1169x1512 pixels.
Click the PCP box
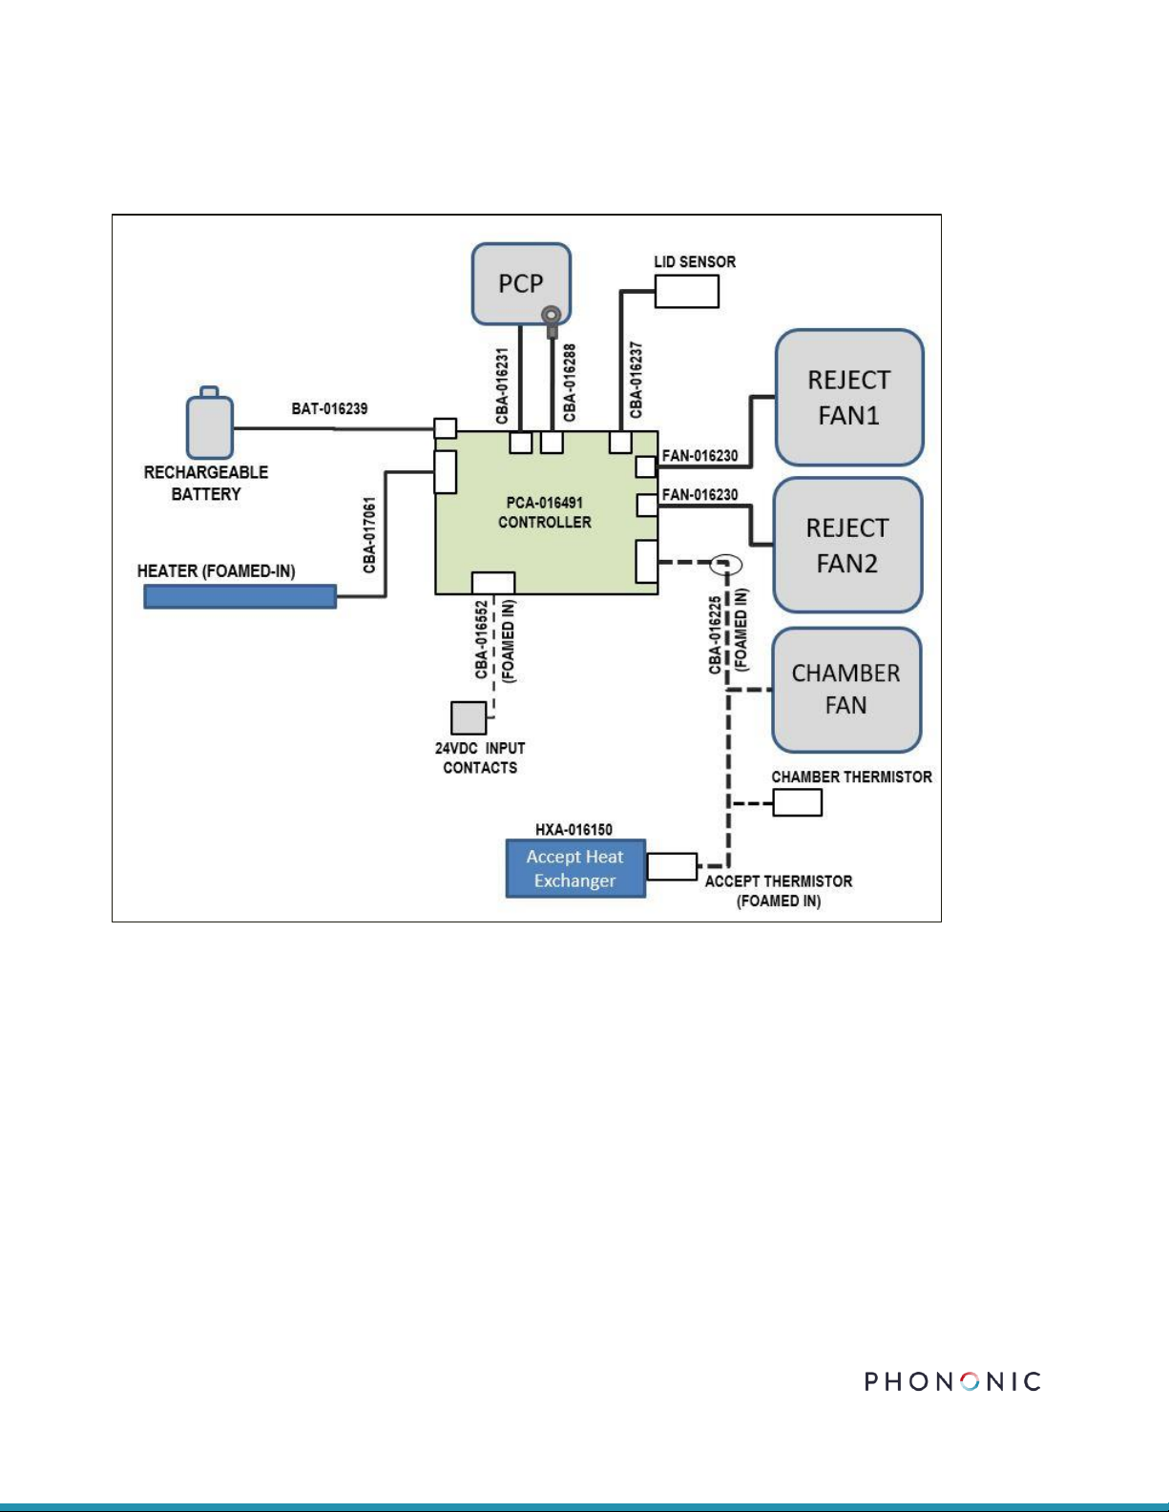tap(520, 283)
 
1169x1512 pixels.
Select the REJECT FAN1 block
tap(849, 397)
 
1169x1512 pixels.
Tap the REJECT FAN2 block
tap(847, 545)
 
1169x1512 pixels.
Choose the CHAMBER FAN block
tap(846, 690)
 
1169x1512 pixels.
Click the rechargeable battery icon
tap(209, 423)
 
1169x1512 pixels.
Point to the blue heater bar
tap(240, 596)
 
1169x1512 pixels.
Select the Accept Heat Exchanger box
tap(575, 868)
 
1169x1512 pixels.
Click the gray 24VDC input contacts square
tap(469, 717)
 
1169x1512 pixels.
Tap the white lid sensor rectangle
tap(687, 291)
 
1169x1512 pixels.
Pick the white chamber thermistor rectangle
tap(798, 802)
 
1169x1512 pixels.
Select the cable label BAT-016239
tap(329, 408)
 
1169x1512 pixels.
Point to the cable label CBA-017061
tap(369, 534)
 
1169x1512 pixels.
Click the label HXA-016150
tap(574, 829)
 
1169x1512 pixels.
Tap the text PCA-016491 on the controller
tap(544, 503)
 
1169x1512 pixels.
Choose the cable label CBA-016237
tap(636, 380)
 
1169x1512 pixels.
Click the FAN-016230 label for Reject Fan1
tap(699, 456)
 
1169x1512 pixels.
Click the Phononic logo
tap(952, 1381)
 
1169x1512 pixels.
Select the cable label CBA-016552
tap(481, 639)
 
